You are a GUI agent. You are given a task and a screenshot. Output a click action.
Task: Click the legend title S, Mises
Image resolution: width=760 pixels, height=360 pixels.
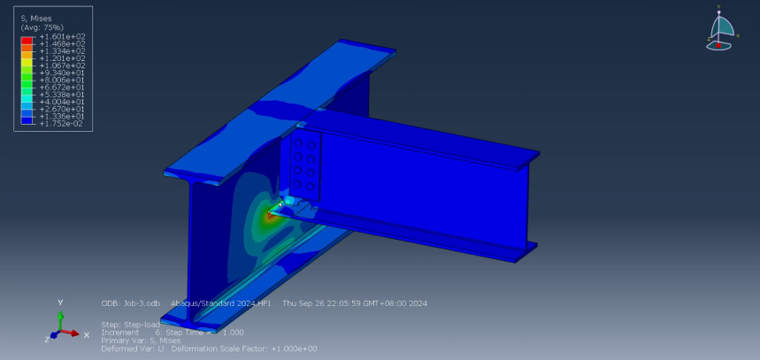coord(35,18)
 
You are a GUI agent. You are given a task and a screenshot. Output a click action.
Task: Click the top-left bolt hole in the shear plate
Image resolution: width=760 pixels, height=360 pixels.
coord(299,143)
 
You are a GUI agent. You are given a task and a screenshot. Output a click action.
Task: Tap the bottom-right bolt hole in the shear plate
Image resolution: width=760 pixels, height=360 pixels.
coord(312,185)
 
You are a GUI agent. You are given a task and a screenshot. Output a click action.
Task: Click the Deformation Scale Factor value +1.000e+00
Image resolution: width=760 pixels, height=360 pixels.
coord(292,348)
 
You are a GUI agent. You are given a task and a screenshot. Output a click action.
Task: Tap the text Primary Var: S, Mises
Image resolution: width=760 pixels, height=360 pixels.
coord(142,340)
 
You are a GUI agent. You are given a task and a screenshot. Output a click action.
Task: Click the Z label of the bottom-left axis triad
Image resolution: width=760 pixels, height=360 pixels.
coord(46,339)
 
